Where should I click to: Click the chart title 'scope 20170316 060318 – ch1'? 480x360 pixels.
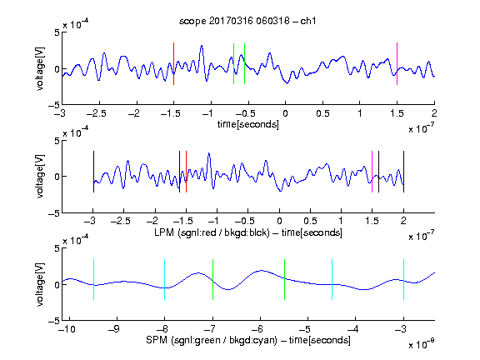pos(247,21)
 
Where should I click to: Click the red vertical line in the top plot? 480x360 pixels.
pos(174,63)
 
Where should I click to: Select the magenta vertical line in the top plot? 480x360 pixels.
pos(397,63)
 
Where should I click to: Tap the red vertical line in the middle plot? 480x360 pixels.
pos(186,172)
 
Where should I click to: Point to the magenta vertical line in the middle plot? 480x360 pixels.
pos(372,172)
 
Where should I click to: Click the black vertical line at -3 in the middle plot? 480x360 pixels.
pos(93,172)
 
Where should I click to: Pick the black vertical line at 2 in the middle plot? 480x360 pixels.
pos(403,172)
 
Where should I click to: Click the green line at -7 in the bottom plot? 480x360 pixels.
pos(212,279)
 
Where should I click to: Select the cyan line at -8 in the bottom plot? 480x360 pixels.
pos(165,279)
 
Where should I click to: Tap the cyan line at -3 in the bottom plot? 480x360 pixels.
pos(403,279)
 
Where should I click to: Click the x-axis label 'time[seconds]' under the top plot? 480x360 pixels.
pos(248,124)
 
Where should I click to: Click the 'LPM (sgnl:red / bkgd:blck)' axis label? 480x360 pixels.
pos(212,232)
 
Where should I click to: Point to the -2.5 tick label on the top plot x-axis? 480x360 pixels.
pos(97,113)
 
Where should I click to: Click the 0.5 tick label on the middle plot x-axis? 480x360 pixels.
pos(310,221)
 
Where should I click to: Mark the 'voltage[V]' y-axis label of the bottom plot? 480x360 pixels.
pos(40,285)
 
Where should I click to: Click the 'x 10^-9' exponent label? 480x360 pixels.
pos(421,344)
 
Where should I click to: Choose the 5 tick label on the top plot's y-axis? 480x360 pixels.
pos(57,32)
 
